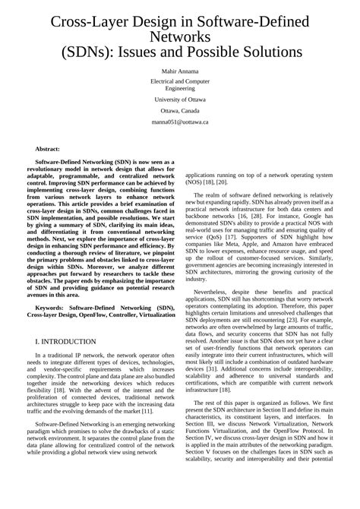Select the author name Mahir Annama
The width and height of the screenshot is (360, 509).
(x=180, y=71)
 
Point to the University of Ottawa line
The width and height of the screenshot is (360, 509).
(x=180, y=99)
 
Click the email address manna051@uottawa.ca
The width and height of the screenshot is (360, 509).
(x=180, y=121)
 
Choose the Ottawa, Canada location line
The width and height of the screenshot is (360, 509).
(x=180, y=110)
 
